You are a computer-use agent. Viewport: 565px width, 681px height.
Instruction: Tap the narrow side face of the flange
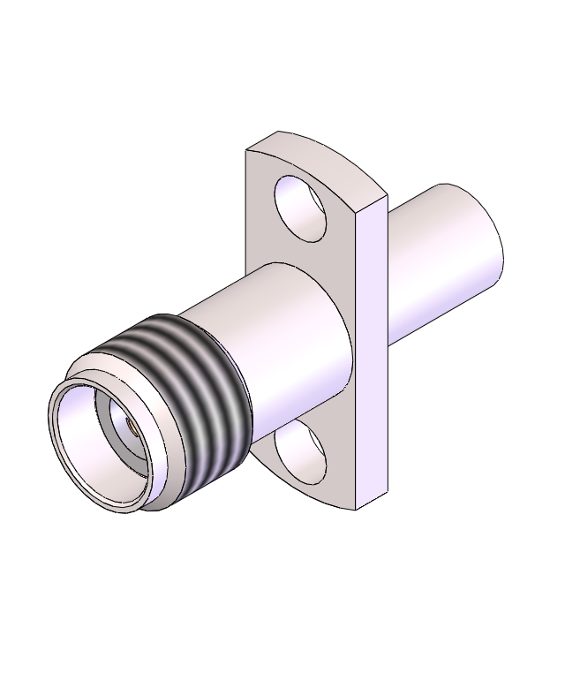[x=371, y=353]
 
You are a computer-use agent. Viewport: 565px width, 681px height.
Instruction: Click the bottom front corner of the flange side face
[x=356, y=509]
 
